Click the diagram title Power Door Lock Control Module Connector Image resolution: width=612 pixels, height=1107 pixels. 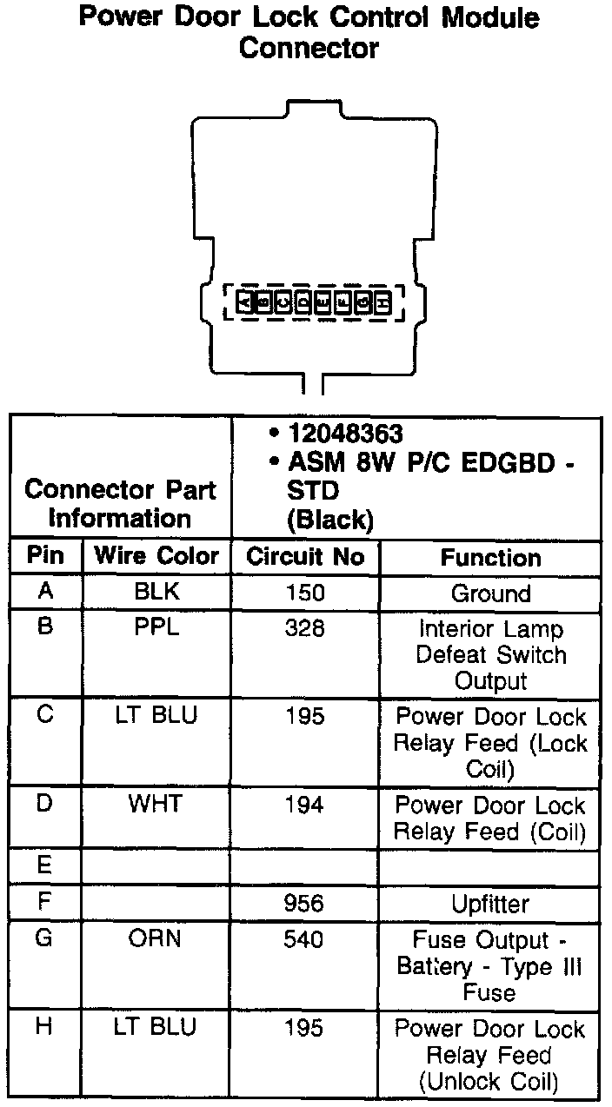[x=309, y=32]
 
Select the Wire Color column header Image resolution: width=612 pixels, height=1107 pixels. [x=156, y=556]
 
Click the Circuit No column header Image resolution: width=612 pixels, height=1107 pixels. [x=305, y=557]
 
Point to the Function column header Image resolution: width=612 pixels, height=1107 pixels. [x=490, y=558]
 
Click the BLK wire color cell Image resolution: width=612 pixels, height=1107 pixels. [x=156, y=593]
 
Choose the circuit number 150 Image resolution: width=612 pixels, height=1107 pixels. [x=304, y=593]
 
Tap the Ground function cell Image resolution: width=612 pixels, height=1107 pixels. [x=490, y=594]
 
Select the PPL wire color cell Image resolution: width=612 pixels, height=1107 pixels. [x=156, y=628]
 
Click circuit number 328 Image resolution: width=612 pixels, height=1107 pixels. [x=304, y=628]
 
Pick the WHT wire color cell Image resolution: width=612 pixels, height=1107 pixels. [x=156, y=804]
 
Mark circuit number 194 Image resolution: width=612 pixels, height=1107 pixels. [x=304, y=805]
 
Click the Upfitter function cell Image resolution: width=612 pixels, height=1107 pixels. [x=490, y=905]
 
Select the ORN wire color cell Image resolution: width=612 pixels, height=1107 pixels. [x=156, y=939]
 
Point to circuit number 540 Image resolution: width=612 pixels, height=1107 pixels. [x=304, y=940]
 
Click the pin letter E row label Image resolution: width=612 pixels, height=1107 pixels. [x=45, y=866]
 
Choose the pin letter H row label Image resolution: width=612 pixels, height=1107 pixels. [x=45, y=1028]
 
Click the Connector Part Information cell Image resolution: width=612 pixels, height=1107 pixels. [x=120, y=504]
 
